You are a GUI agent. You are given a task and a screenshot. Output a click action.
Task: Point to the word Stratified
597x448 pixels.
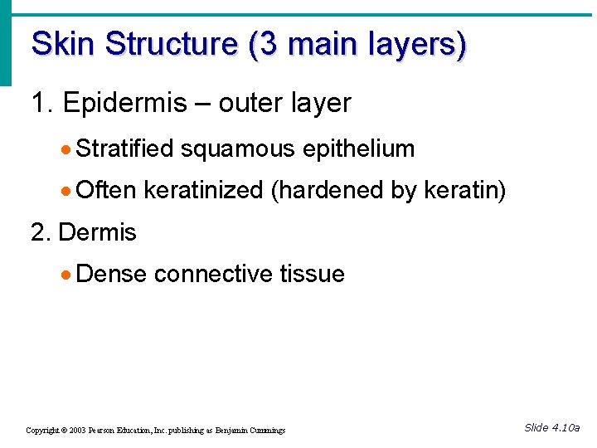tap(124, 149)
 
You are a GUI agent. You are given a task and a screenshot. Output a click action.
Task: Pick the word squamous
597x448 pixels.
tap(238, 149)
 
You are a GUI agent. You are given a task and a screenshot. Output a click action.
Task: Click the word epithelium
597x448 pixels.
tap(358, 149)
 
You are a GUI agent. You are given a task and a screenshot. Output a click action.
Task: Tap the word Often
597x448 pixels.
tap(105, 191)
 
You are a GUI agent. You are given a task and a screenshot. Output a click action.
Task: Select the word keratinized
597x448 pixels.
tap(203, 191)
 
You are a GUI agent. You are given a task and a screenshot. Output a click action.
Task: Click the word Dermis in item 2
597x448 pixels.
tap(97, 233)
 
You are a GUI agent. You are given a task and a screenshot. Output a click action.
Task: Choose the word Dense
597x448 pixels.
tap(111, 275)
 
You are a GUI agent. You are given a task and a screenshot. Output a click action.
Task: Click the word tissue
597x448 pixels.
tap(312, 275)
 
